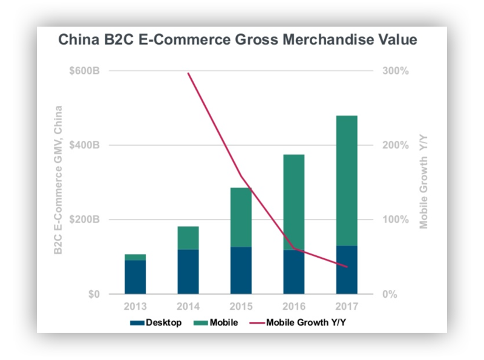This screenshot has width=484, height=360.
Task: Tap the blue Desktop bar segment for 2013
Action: [x=136, y=277]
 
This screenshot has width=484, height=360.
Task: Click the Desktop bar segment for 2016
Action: [x=294, y=272]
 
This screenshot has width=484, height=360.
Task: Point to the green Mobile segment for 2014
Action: [x=188, y=238]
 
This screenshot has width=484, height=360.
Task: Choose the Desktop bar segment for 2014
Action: [x=188, y=272]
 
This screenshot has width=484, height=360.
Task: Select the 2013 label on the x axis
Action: [x=136, y=307]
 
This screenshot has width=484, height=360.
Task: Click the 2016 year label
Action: [x=294, y=307]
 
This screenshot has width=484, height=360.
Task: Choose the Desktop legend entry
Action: [x=156, y=322]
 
